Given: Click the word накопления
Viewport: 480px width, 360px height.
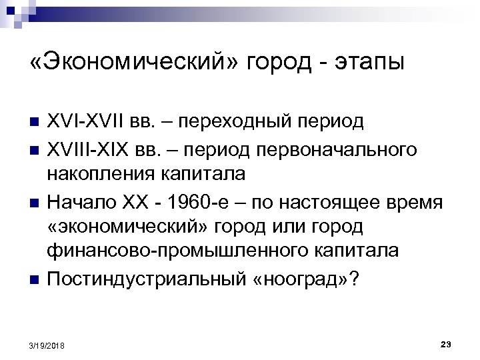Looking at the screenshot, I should pyautogui.click(x=101, y=174).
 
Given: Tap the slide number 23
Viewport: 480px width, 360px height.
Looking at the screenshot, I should pyautogui.click(x=447, y=343).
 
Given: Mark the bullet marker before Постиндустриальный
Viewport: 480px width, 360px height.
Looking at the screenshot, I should pyautogui.click(x=35, y=277).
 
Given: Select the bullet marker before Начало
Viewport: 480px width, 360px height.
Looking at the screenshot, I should pyautogui.click(x=35, y=201).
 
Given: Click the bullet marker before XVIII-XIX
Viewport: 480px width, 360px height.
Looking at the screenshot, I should pyautogui.click(x=35, y=150).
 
